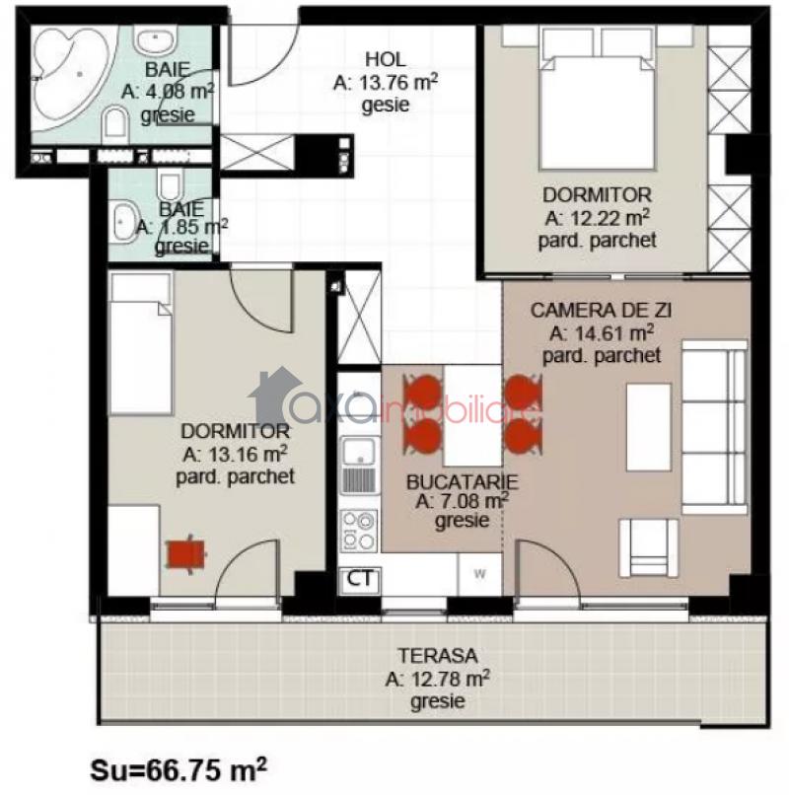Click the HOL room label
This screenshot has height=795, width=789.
point(386,59)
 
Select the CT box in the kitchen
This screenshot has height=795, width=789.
point(360,579)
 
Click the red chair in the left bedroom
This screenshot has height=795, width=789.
point(186,553)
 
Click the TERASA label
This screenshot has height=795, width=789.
point(437,655)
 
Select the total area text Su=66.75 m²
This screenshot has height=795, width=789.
point(178,769)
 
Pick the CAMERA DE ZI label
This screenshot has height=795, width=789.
point(602,311)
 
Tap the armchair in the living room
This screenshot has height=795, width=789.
point(649,547)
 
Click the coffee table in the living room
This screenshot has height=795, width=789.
point(649,427)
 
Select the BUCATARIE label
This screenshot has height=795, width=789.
point(462,481)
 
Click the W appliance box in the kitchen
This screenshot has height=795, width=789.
point(479,574)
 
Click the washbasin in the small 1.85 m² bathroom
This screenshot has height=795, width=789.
point(122,221)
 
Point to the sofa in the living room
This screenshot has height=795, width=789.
point(714,427)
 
